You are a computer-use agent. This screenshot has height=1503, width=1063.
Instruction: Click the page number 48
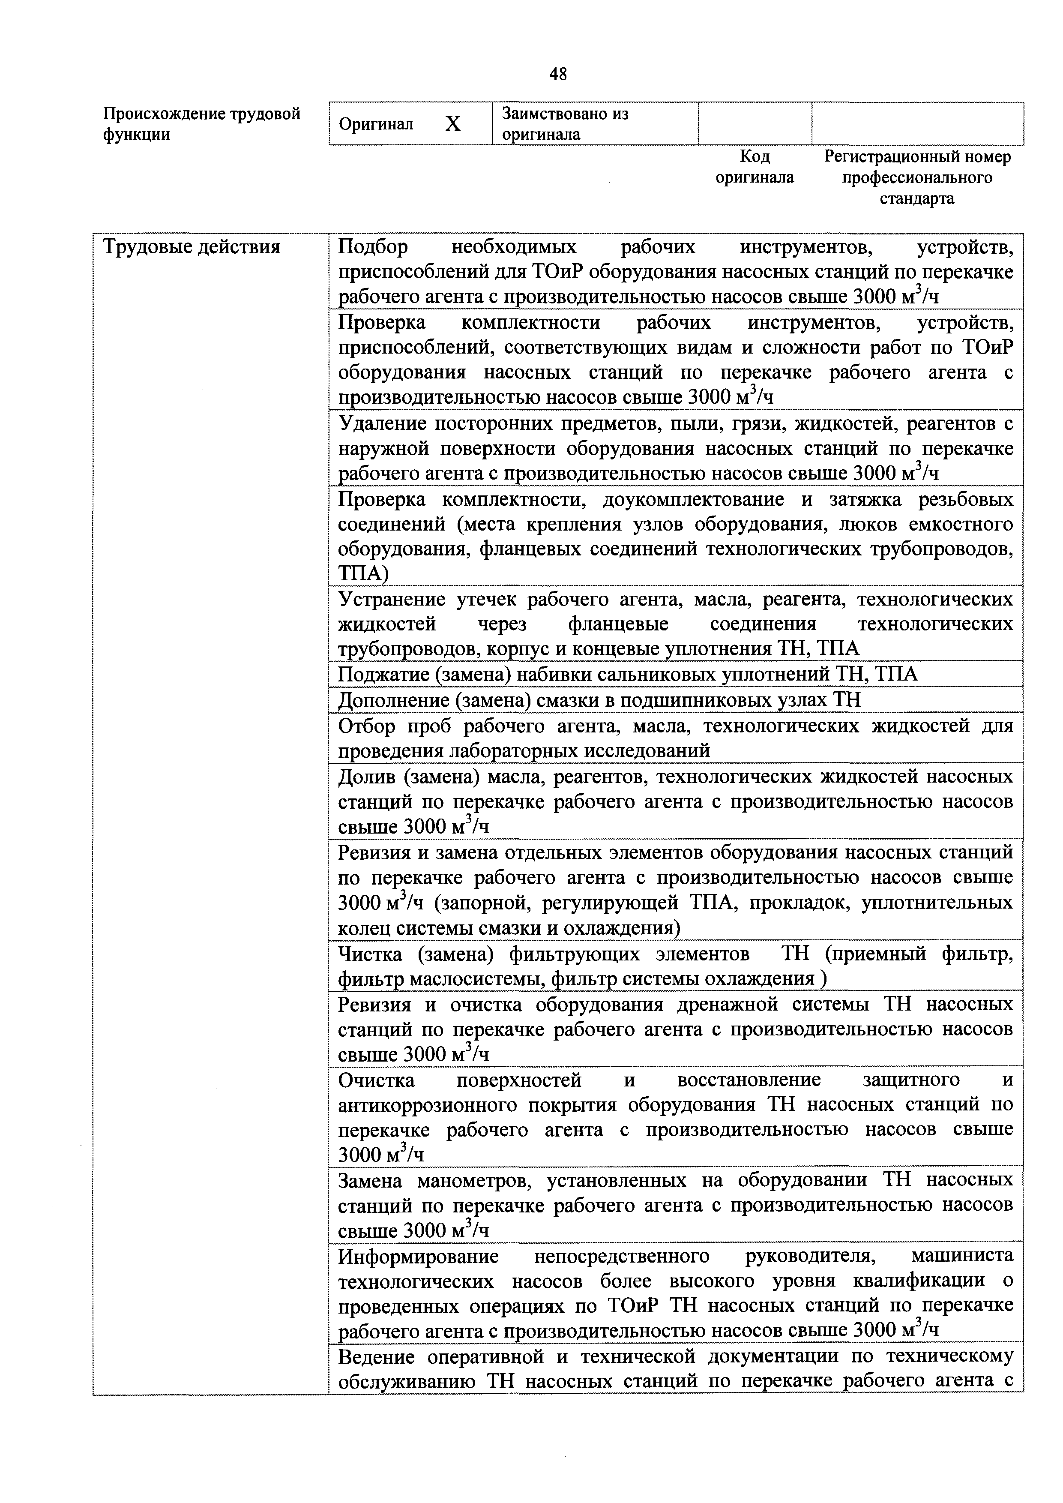(558, 75)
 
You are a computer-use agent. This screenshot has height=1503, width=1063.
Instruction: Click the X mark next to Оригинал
(453, 124)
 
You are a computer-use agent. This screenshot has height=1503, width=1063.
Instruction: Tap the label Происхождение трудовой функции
(202, 124)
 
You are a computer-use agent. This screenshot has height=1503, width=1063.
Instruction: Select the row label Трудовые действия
(192, 247)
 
